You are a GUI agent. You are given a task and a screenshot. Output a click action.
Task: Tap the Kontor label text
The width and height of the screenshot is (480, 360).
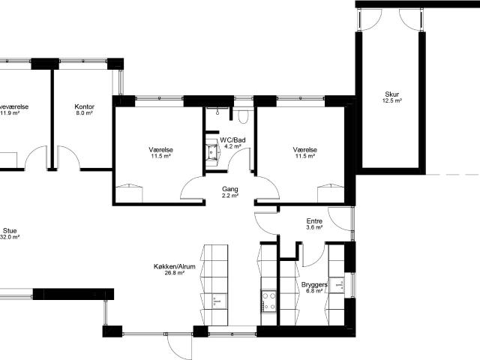click(x=84, y=107)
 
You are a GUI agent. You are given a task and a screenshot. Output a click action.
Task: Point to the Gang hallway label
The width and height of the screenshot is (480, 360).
click(x=230, y=189)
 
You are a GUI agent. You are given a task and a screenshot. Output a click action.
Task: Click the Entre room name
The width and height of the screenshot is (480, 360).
click(x=315, y=221)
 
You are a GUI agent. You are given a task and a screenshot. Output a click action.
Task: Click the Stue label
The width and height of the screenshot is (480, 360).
click(x=10, y=231)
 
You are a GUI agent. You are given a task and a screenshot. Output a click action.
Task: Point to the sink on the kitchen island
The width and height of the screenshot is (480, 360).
click(x=215, y=301)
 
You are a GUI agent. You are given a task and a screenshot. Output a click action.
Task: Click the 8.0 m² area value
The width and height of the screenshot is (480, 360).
click(x=84, y=114)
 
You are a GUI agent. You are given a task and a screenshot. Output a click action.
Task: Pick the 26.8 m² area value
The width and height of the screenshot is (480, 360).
click(x=169, y=273)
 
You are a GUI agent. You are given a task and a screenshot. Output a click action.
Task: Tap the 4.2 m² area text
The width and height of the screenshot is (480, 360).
click(x=232, y=147)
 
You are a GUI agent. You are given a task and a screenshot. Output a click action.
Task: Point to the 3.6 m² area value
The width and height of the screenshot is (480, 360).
click(x=315, y=228)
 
